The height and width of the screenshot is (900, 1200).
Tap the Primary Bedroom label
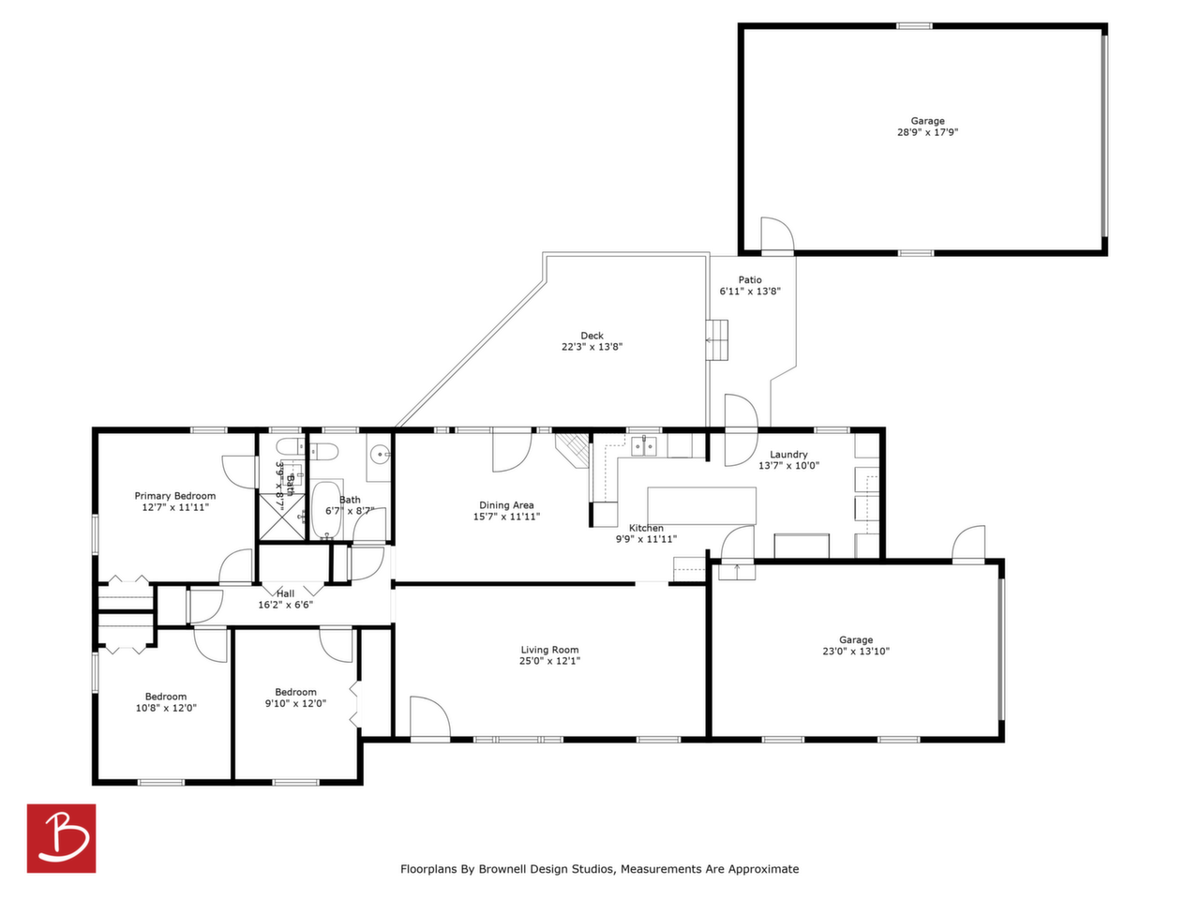click(x=175, y=496)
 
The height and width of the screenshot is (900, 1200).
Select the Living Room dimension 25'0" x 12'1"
click(x=549, y=661)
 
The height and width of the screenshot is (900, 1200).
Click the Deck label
click(x=592, y=336)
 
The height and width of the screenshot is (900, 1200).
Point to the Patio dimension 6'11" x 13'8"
click(x=750, y=292)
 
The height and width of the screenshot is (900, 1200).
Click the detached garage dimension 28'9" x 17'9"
click(x=928, y=132)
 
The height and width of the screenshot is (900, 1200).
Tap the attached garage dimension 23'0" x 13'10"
click(x=856, y=651)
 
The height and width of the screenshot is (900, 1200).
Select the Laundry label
click(x=788, y=455)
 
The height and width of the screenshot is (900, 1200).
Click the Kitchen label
click(x=646, y=528)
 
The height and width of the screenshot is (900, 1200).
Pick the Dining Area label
click(x=507, y=505)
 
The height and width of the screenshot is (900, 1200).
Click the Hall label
click(x=285, y=593)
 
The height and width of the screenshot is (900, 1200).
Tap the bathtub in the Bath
click(x=326, y=509)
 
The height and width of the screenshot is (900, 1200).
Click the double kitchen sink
click(x=644, y=446)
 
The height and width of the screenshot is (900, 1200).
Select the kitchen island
click(x=702, y=506)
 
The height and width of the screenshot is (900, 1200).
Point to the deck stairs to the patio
click(x=717, y=340)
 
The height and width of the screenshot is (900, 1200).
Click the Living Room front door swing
click(x=430, y=717)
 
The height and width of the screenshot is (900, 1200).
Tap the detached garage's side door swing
click(x=777, y=235)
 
